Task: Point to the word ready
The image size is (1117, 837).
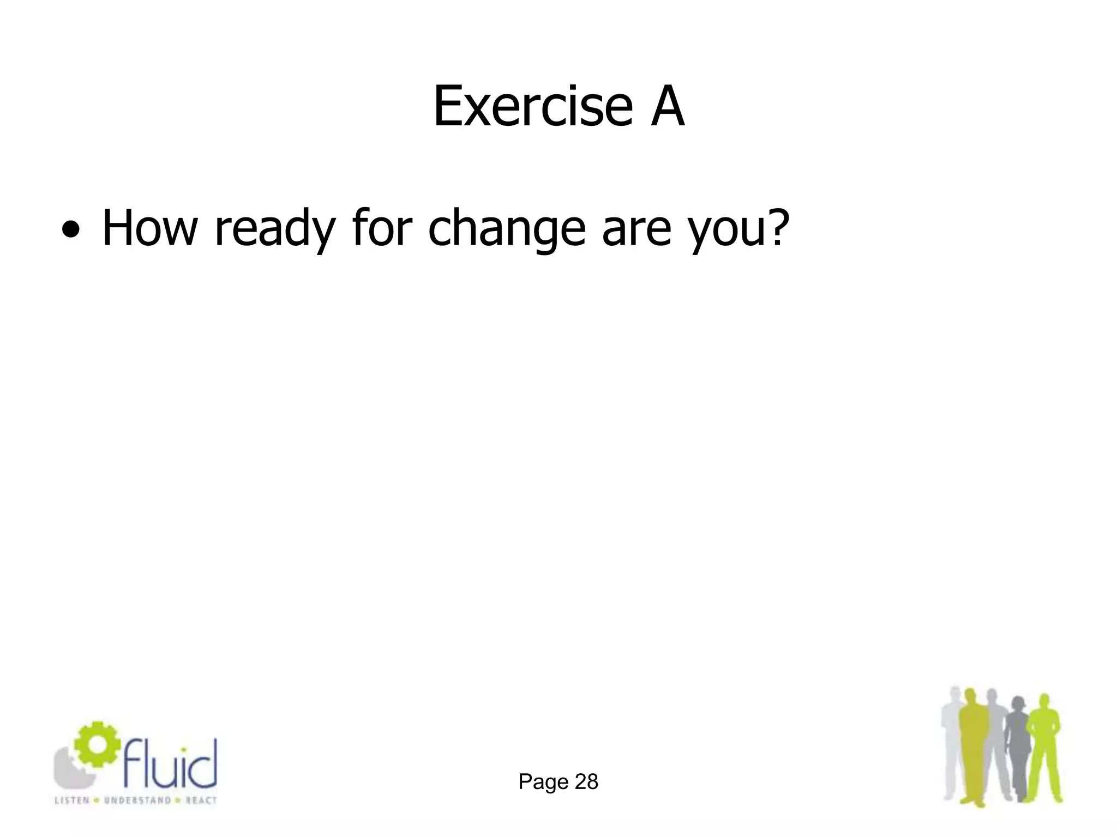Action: coord(274,229)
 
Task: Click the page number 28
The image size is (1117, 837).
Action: coord(586,782)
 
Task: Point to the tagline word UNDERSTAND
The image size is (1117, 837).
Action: coord(129,800)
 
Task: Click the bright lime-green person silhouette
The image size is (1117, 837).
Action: coord(1043,752)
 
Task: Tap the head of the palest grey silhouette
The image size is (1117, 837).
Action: coord(955,695)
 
